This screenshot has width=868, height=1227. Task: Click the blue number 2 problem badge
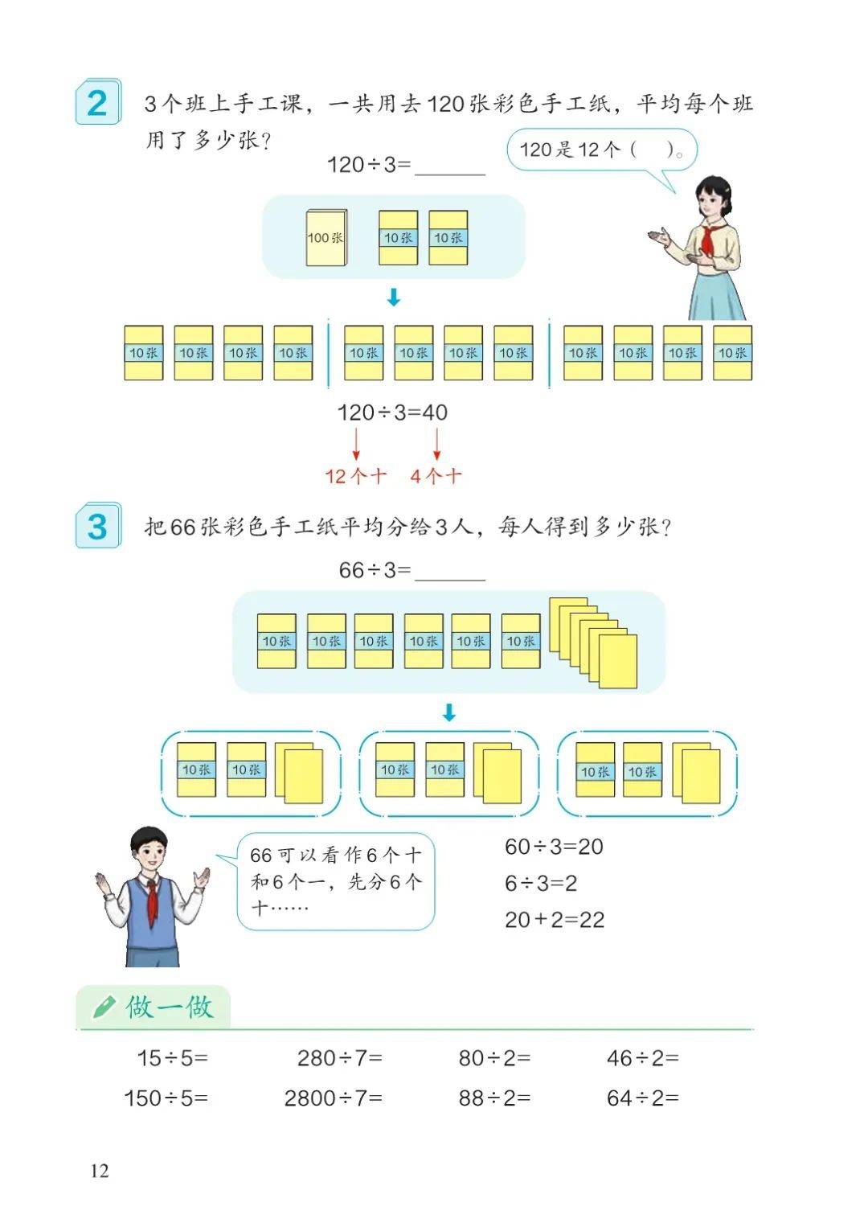tap(98, 102)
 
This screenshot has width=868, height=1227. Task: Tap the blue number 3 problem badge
tap(98, 525)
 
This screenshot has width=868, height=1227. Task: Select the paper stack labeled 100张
tap(326, 238)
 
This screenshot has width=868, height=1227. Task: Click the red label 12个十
tap(356, 476)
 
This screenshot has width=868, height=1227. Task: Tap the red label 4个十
tap(436, 476)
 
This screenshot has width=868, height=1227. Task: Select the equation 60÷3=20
tap(554, 847)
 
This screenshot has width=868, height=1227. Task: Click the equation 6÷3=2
tap(541, 883)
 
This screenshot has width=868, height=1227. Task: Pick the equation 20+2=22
tap(555, 920)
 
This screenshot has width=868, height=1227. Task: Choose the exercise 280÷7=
tap(339, 1057)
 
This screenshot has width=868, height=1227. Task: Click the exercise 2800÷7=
tap(333, 1098)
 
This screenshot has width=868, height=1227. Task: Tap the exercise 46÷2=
tap(642, 1057)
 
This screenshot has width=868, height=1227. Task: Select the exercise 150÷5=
tap(166, 1098)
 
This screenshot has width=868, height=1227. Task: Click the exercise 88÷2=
tap(494, 1098)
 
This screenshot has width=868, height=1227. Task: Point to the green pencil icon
tap(104, 1006)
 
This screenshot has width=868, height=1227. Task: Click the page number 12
tap(100, 1171)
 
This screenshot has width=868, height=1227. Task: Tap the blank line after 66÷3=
tap(450, 579)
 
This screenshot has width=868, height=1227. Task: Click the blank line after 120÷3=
tap(450, 174)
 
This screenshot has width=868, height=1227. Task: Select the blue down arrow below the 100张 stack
tap(394, 297)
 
